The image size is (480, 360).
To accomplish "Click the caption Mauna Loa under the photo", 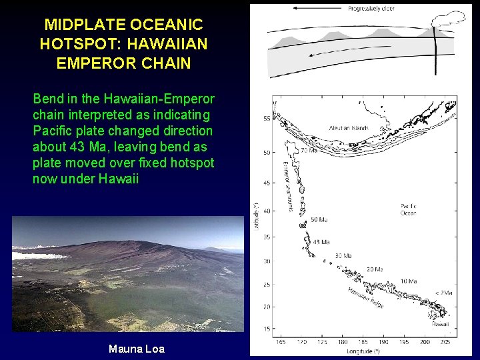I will click(x=136, y=349).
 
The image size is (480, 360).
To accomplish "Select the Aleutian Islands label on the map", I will click(x=349, y=127).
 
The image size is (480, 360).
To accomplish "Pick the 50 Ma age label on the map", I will click(x=319, y=219).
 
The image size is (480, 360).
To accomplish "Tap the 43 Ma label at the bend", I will click(x=321, y=242).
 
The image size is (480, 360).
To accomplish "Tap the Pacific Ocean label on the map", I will click(x=409, y=211).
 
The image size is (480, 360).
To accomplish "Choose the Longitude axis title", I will click(x=363, y=351).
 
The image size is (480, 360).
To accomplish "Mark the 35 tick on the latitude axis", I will click(x=267, y=237).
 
